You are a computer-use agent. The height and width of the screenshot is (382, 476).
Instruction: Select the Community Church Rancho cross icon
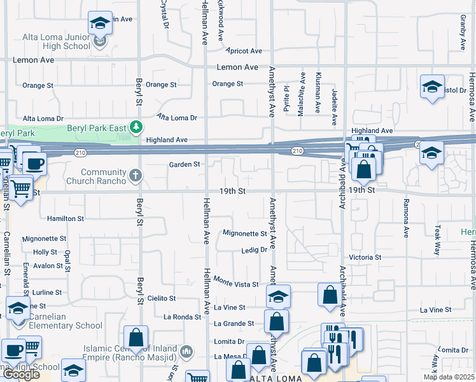[x=136, y=174]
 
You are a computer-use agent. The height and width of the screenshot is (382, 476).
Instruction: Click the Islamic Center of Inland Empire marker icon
[x=186, y=351]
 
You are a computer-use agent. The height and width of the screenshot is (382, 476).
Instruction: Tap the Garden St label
[x=185, y=165]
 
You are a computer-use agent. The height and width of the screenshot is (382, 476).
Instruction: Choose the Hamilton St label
[x=66, y=218]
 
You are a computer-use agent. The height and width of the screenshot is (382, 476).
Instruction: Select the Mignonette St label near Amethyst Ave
[x=245, y=234]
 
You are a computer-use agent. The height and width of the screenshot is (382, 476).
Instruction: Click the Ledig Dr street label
[x=253, y=250]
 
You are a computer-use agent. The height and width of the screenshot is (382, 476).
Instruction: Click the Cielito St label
[x=161, y=298]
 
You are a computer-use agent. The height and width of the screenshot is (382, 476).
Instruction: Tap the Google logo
[x=21, y=374]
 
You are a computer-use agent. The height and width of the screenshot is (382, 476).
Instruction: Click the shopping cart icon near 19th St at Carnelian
[x=21, y=188]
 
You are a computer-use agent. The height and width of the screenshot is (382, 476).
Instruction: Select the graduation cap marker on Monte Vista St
[x=278, y=297]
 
